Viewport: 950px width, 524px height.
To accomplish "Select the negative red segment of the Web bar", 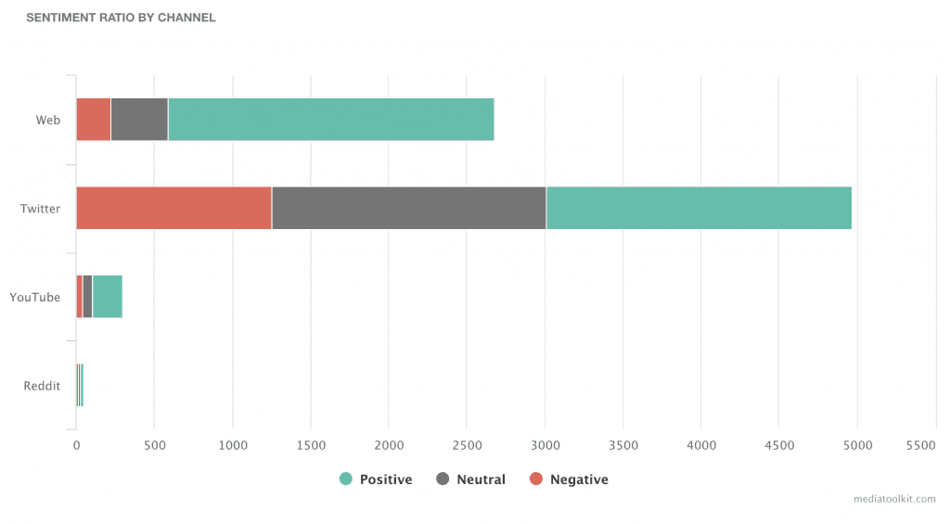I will click(93, 120).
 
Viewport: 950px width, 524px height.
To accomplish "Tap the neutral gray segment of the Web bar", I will click(139, 120).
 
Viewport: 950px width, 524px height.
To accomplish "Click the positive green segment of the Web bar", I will click(331, 120).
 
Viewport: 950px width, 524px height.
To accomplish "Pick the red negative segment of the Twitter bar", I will click(173, 208).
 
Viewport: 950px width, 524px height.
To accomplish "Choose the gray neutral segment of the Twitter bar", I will click(409, 208).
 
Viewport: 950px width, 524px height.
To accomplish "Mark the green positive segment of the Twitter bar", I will click(699, 208).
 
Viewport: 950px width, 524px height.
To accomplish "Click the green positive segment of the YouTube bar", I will click(108, 297).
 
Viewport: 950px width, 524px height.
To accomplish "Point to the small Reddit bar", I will click(80, 385).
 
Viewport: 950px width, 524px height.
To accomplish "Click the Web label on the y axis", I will click(48, 121).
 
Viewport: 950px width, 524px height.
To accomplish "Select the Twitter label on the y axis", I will click(41, 209).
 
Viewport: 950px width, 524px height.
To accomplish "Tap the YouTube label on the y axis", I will click(35, 298).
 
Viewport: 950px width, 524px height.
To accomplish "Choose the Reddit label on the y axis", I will click(42, 386).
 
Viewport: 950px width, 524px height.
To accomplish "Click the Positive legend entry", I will click(376, 479).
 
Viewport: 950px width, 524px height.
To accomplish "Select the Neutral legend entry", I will click(471, 479).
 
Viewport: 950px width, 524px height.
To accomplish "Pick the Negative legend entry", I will click(569, 479).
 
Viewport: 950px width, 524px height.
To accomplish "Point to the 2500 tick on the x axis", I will click(467, 445).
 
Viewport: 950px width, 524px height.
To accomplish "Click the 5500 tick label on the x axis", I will click(920, 445).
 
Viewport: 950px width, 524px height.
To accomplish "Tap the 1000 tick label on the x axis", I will click(232, 445).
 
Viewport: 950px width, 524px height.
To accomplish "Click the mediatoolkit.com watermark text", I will click(894, 499).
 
